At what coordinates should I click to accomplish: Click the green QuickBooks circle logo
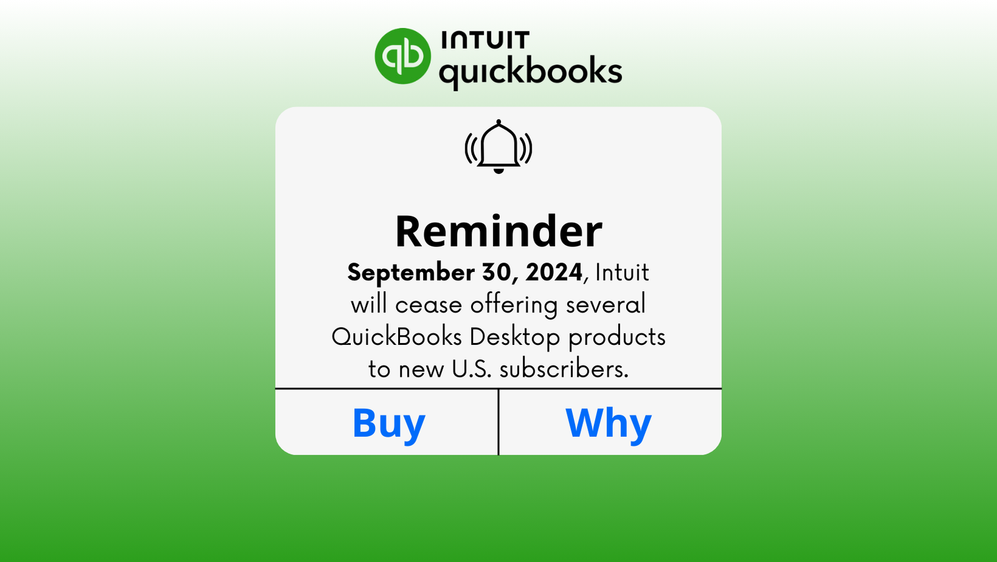coord(403,56)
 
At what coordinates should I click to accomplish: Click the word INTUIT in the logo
coord(485,41)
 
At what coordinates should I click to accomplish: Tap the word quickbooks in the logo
coord(530,71)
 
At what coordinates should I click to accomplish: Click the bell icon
coord(499,147)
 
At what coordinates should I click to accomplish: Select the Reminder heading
coord(499,231)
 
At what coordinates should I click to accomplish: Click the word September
coord(411,273)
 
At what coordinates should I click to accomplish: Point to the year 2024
coord(553,273)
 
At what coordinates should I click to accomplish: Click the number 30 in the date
coord(497,273)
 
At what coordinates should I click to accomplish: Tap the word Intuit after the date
coord(622,273)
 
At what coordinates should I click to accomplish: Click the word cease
coord(429,305)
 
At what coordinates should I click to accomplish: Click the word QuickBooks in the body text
coord(396,337)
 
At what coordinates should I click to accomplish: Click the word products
coord(617,337)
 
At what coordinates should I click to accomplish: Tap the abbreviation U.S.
coord(472,369)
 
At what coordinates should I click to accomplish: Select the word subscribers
coord(564,369)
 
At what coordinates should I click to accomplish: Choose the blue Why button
coord(608,423)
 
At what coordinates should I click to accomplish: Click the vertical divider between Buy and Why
coord(499,422)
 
